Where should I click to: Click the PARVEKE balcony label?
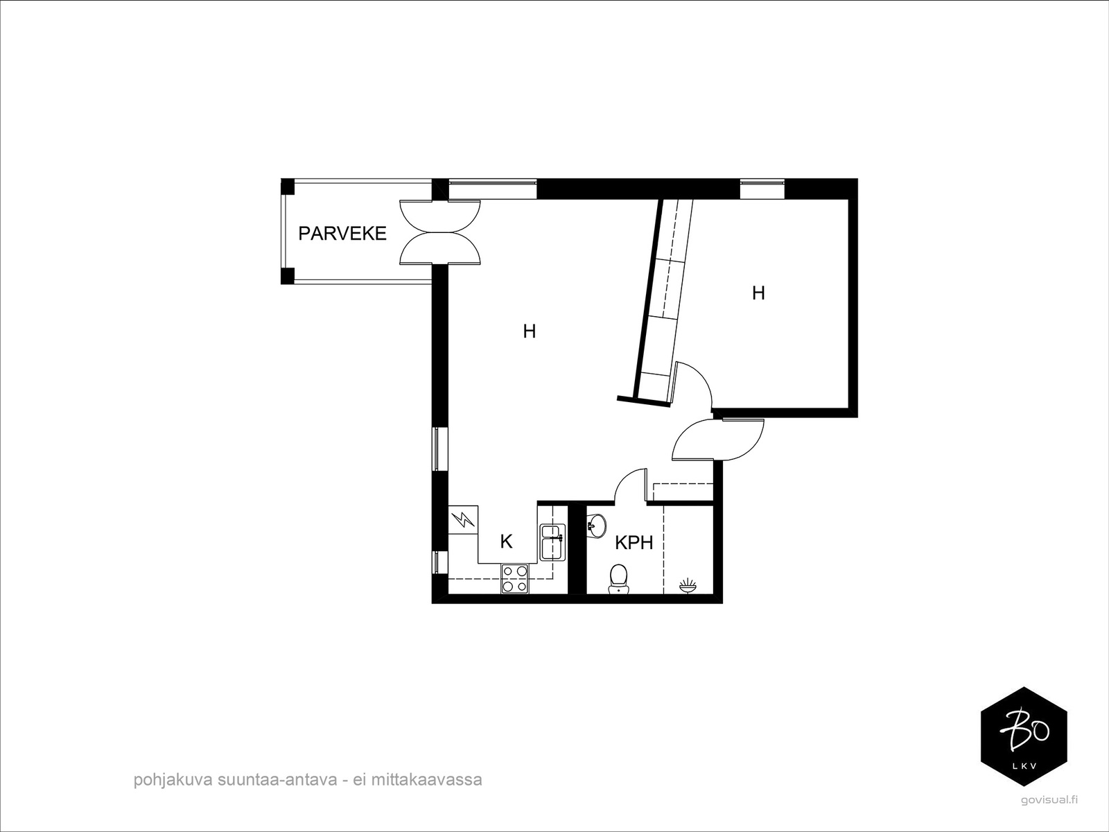point(342,234)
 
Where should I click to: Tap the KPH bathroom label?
point(634,543)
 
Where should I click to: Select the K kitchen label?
point(507,542)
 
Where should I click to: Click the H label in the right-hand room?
point(758,293)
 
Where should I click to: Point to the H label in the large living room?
point(530,332)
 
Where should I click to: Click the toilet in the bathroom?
point(618,578)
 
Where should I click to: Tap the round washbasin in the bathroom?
point(596,523)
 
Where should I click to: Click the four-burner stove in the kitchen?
point(514,578)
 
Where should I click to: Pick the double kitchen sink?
point(552,542)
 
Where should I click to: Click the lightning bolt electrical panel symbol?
point(463,519)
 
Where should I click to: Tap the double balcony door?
point(441,232)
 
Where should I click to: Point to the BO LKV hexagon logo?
point(1024,737)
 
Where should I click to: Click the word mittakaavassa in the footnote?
point(427,780)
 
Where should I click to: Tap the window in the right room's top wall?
point(762,189)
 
